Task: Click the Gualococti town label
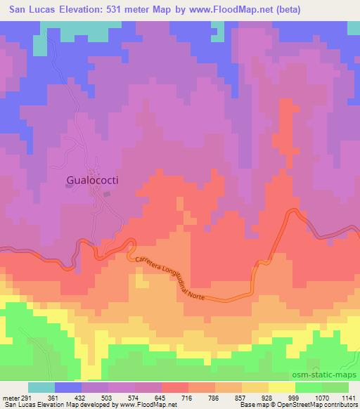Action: tap(91, 180)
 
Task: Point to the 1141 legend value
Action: tap(349, 398)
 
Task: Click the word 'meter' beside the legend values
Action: tap(10, 398)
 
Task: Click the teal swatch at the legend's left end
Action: tap(39, 387)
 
